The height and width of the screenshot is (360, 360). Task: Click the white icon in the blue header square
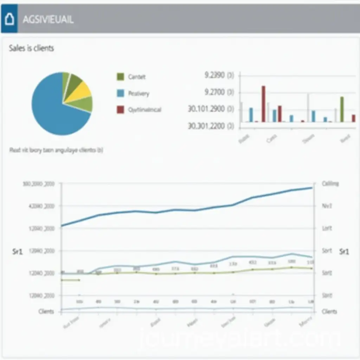coord(9,19)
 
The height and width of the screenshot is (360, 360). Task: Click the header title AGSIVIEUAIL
coord(48,20)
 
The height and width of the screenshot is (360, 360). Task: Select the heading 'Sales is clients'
coord(32,49)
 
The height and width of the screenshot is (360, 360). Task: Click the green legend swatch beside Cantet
coord(120,77)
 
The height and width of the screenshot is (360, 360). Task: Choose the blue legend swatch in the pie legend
coord(120,93)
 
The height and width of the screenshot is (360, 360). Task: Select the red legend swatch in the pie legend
coord(120,110)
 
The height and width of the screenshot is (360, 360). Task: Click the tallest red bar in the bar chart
coord(263,104)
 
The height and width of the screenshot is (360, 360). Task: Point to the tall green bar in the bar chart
coord(342,109)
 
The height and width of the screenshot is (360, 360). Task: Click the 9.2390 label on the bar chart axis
coord(219,75)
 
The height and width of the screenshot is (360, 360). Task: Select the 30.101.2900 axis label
coord(211,109)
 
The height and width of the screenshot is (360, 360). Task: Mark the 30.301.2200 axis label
coord(211,126)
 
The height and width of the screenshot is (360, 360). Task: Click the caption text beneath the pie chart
coord(56,150)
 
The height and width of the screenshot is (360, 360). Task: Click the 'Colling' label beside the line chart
coord(330,184)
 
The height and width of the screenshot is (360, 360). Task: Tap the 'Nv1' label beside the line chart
coord(327,206)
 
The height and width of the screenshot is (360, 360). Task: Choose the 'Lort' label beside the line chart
coord(327,228)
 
